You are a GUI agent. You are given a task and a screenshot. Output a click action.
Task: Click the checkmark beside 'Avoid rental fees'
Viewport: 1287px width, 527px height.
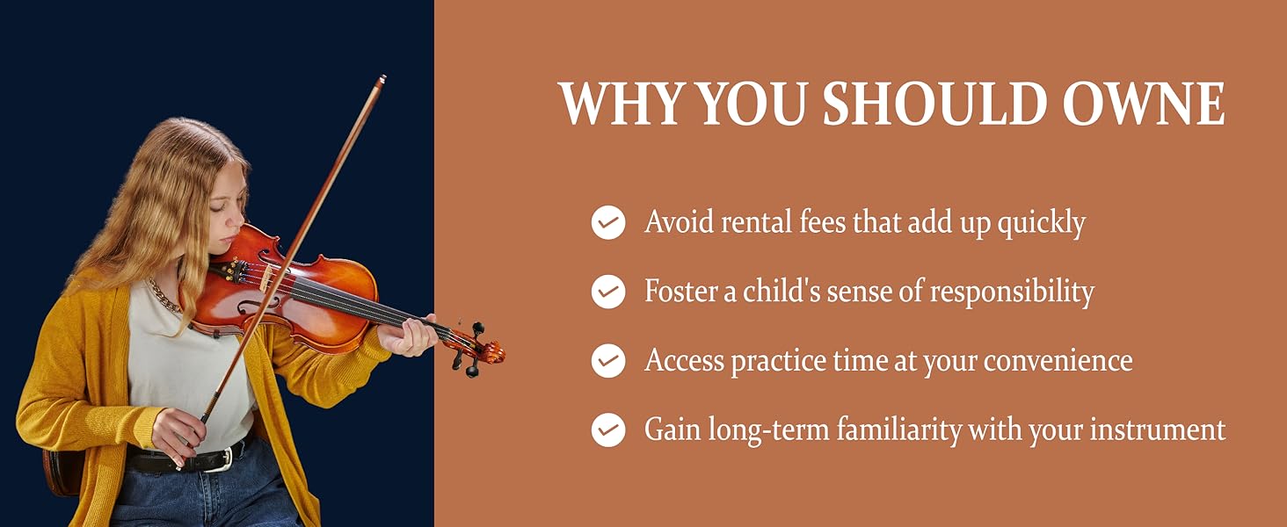(x=607, y=222)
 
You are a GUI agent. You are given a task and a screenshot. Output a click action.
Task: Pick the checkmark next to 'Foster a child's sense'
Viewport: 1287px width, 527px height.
(x=607, y=292)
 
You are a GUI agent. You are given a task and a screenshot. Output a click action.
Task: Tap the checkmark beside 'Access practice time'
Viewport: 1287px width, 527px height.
(x=607, y=360)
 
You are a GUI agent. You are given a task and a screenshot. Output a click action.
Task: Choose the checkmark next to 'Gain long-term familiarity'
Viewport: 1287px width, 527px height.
(x=607, y=430)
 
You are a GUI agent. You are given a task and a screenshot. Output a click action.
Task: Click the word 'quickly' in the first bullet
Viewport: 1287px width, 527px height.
(x=1041, y=224)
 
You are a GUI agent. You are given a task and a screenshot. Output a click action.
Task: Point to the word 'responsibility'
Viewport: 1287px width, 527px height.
(x=1012, y=292)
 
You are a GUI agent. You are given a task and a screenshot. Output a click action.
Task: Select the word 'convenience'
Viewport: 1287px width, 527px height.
(x=1058, y=360)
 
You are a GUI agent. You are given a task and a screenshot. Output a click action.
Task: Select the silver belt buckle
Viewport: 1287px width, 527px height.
(x=226, y=458)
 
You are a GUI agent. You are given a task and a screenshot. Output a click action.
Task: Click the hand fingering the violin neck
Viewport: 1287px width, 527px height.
(x=407, y=336)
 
